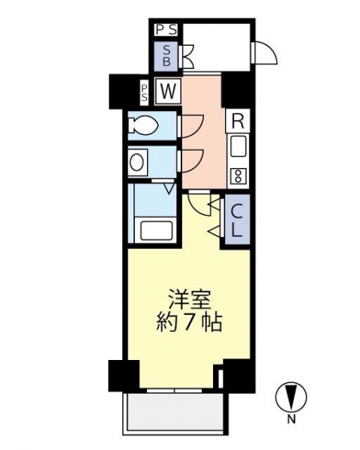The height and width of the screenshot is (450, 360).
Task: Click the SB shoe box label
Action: click(x=166, y=56)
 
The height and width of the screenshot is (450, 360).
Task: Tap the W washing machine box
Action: click(x=168, y=91)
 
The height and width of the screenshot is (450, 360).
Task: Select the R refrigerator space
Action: click(x=238, y=121)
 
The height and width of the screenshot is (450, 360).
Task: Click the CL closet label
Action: click(x=237, y=220)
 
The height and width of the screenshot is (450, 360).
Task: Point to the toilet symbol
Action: click(x=143, y=125)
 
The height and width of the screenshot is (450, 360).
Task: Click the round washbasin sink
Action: click(x=137, y=163)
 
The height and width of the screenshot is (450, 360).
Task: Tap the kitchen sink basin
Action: click(x=238, y=146)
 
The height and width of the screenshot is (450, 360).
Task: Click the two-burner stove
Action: click(x=238, y=176)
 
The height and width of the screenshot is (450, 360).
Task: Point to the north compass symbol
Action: click(x=291, y=397)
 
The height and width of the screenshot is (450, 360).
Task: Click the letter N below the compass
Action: click(x=292, y=420)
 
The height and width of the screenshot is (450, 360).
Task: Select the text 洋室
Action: click(x=190, y=300)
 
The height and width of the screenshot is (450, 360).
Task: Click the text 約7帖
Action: click(x=190, y=322)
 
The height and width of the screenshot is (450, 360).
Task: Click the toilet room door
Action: click(x=191, y=126)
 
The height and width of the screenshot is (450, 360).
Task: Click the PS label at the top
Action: click(x=166, y=30)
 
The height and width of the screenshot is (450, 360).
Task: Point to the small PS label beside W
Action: click(x=145, y=91)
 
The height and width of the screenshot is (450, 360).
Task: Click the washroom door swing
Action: click(x=191, y=161)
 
